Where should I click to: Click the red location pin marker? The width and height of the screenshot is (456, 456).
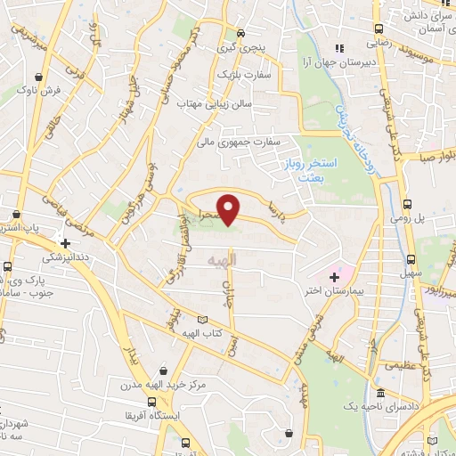point(230,209)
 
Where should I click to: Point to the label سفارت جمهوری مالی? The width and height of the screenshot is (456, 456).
point(240,141)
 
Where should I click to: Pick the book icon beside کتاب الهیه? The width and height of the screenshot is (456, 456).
point(202,320)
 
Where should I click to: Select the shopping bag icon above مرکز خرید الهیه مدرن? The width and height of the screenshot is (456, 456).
point(162,370)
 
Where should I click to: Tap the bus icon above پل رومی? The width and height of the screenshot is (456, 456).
point(407,203)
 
